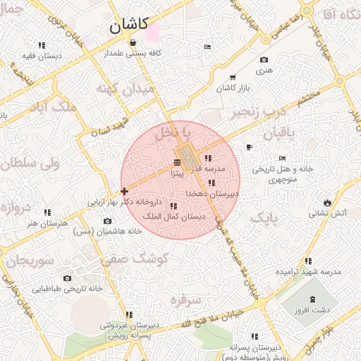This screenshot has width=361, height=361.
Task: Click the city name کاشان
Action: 128,26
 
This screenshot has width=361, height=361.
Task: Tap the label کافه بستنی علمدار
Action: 134,53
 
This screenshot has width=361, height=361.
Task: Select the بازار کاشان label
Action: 234,87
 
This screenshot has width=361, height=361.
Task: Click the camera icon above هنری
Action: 264,60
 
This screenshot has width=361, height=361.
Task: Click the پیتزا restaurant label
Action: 176,173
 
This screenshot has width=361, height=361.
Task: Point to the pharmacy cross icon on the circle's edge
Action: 124,190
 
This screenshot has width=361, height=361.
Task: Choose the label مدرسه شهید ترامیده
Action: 308,271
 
